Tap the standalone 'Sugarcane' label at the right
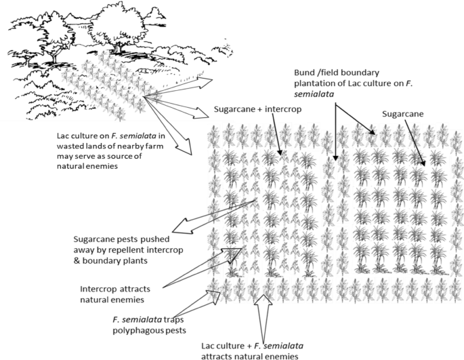coord(403,114)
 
